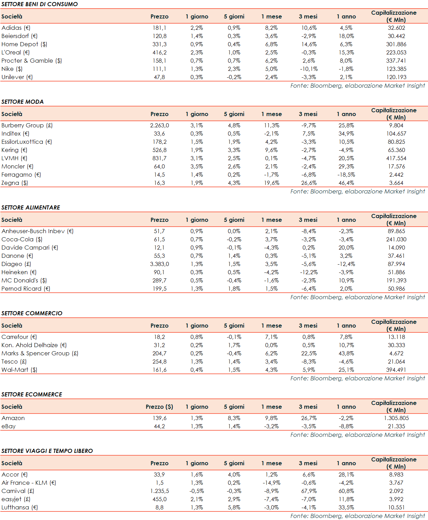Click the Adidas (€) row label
(x=16, y=28)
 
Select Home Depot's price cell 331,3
(x=159, y=44)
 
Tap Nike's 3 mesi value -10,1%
(x=309, y=69)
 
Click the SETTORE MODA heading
(x=23, y=102)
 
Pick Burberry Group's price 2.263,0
(x=159, y=125)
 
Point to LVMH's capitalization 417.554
(x=396, y=158)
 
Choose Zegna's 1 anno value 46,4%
(x=346, y=183)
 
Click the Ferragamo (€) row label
(x=21, y=175)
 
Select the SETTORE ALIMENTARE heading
(x=30, y=207)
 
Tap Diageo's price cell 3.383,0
(x=159, y=264)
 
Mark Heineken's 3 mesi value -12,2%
(x=309, y=272)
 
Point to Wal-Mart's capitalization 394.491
(x=396, y=370)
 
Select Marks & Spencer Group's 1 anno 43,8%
(x=346, y=353)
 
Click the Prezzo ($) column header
(x=159, y=407)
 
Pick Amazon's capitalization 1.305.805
(x=396, y=418)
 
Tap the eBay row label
(x=9, y=426)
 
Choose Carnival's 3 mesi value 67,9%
(x=309, y=491)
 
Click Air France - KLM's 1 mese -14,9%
(x=271, y=483)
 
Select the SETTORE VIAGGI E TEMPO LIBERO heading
(x=47, y=451)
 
